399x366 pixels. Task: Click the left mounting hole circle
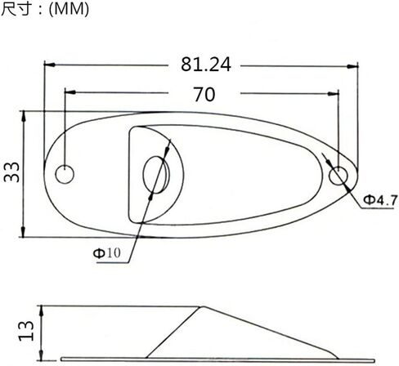[64, 175]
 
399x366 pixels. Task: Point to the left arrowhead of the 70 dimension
[69, 92]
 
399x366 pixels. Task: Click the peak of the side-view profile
[200, 308]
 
